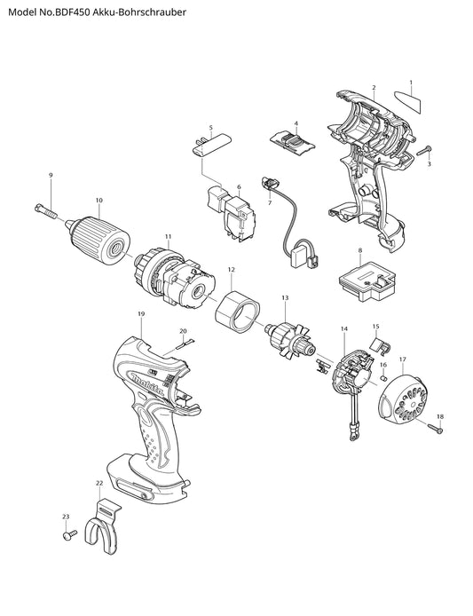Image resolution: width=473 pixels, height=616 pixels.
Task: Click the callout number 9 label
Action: click(51, 175)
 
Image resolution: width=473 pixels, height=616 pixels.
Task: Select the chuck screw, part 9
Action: click(46, 211)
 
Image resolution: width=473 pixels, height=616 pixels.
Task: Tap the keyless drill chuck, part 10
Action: click(99, 240)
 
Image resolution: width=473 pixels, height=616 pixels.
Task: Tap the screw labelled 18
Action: click(436, 429)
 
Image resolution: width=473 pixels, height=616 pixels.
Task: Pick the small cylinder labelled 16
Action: click(384, 378)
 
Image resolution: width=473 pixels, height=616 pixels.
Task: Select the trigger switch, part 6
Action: click(231, 217)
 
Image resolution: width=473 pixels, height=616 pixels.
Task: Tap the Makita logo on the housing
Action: click(147, 384)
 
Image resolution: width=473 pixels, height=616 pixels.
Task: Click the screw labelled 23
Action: click(69, 535)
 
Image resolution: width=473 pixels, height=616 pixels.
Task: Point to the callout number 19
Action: click(141, 314)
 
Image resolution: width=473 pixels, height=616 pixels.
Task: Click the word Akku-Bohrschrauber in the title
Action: click(140, 12)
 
